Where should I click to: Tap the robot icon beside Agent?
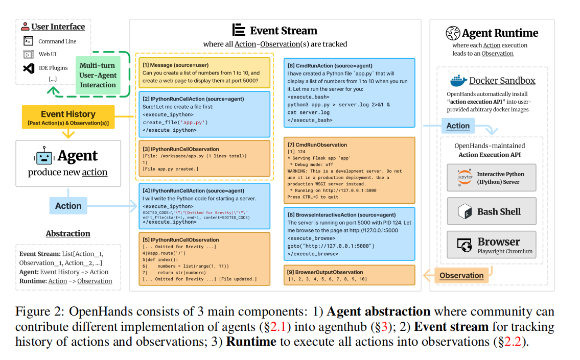[43, 156]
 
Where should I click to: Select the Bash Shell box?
[492, 211]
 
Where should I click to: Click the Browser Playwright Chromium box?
[492, 245]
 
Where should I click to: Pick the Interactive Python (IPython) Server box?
[492, 178]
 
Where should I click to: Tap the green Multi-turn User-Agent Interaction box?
[98, 75]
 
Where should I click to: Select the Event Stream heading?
[275, 31]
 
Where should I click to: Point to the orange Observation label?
[461, 275]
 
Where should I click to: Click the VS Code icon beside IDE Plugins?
[29, 67]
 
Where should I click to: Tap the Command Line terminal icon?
[29, 41]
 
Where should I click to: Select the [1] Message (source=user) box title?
[175, 65]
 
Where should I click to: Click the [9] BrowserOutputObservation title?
[326, 272]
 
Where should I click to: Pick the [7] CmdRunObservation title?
[317, 145]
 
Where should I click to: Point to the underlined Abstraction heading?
[68, 233]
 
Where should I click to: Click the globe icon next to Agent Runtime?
[452, 33]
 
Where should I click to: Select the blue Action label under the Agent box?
[68, 206]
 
